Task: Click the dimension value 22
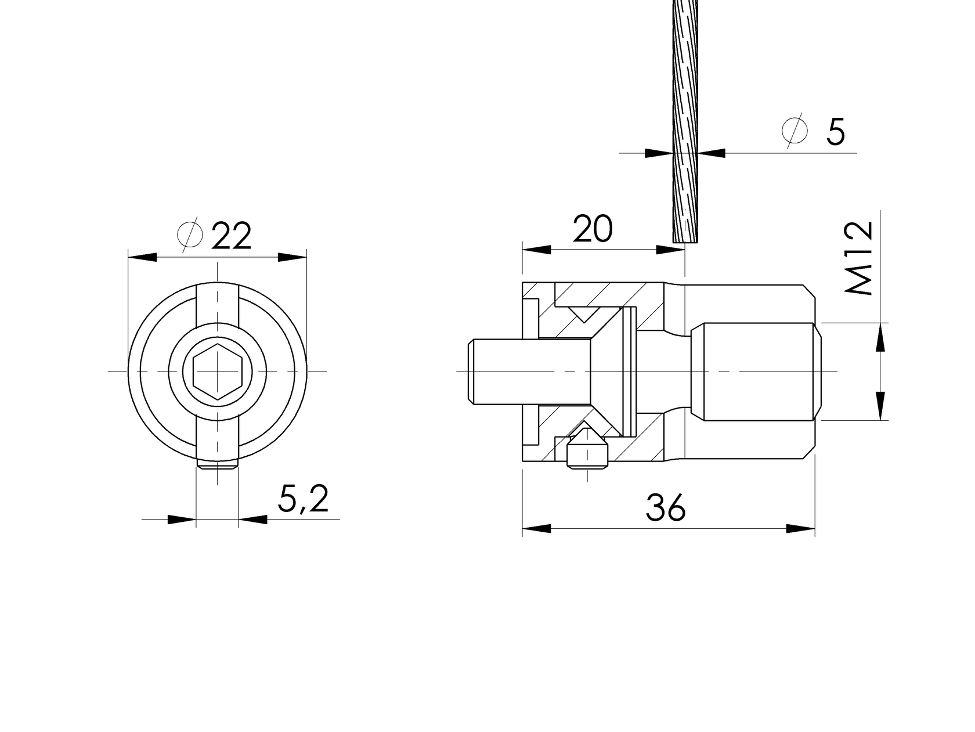click(x=232, y=236)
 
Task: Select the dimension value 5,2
click(x=303, y=499)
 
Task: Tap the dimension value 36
click(x=666, y=508)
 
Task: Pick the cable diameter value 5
click(x=835, y=132)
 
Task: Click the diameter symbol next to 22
click(x=190, y=235)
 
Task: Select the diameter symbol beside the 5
click(x=795, y=131)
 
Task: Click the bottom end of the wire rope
click(x=686, y=239)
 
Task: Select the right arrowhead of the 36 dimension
click(x=801, y=528)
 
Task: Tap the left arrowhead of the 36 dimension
click(x=536, y=528)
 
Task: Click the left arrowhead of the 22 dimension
click(x=142, y=257)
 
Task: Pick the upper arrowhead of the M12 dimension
click(x=880, y=338)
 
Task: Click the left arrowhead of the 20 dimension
click(x=536, y=250)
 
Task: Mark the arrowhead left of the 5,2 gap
click(x=181, y=519)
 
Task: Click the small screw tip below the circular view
click(x=217, y=465)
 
